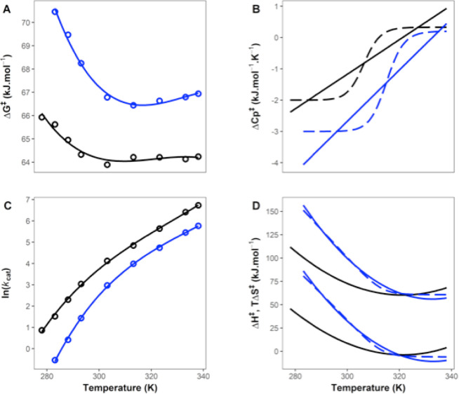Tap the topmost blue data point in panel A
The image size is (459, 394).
(55, 12)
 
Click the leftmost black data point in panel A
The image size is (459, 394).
(41, 117)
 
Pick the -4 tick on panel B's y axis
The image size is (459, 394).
(278, 163)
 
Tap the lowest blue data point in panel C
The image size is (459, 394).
(55, 360)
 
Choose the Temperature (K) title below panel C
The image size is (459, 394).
(119, 386)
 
